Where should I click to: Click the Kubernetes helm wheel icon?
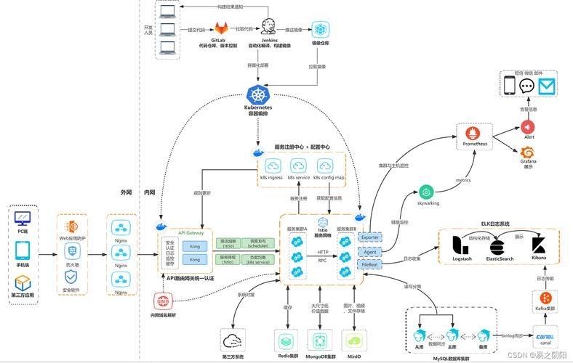pyautogui.click(x=258, y=94)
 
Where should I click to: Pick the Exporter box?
pyautogui.click(x=371, y=237)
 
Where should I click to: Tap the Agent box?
pyautogui.click(x=371, y=252)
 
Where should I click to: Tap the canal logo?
pyautogui.click(x=545, y=336)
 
